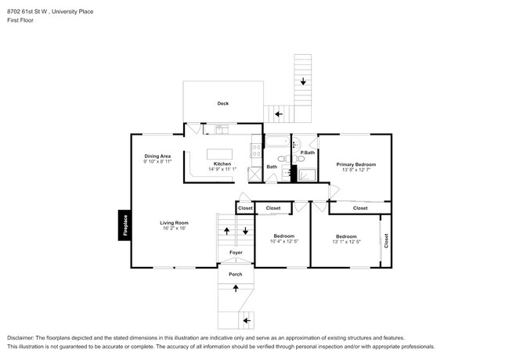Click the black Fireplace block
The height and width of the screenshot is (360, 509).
(124, 227)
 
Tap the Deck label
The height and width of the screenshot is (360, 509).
(223, 103)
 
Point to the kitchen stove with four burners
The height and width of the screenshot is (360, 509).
(255, 153)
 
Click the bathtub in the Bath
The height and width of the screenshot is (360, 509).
(276, 142)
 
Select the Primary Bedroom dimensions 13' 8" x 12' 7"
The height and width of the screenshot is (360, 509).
(356, 170)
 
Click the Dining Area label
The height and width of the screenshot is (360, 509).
(158, 156)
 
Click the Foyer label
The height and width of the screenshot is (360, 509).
(236, 253)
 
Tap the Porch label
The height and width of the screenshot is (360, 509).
(236, 275)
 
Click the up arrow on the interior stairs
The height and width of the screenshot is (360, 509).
(227, 231)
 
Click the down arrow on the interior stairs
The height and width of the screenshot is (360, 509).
(245, 231)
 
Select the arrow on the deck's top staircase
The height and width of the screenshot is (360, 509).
(302, 81)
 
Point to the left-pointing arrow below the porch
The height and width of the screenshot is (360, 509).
(246, 320)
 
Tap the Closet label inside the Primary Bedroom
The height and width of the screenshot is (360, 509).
(360, 208)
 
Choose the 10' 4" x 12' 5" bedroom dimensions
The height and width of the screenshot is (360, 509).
(283, 242)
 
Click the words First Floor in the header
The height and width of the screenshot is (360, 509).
(21, 20)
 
